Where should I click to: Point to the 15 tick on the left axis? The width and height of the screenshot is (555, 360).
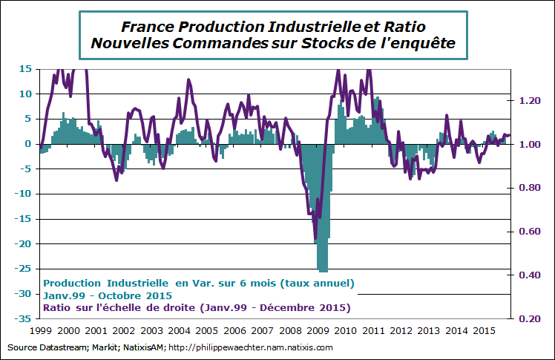coord(24,69)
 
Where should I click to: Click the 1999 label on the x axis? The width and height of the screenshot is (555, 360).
coord(41,331)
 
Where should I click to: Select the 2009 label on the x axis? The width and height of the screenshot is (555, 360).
coord(318,331)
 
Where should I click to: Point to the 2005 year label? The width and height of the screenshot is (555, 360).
coord(206,331)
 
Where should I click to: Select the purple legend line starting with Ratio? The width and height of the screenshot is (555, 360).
coord(197,307)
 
